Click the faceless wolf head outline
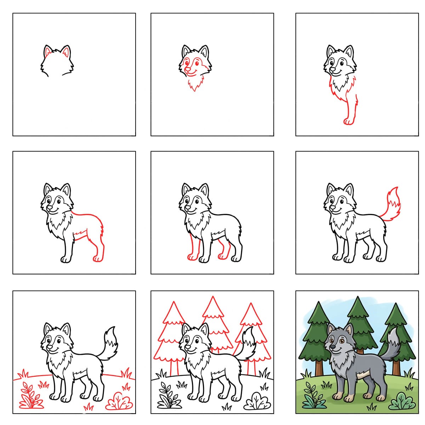point(57,62)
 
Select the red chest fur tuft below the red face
point(194,84)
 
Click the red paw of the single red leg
point(348,122)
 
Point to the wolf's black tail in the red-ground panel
point(110,342)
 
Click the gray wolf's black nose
point(332,347)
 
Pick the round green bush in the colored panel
point(402,402)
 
